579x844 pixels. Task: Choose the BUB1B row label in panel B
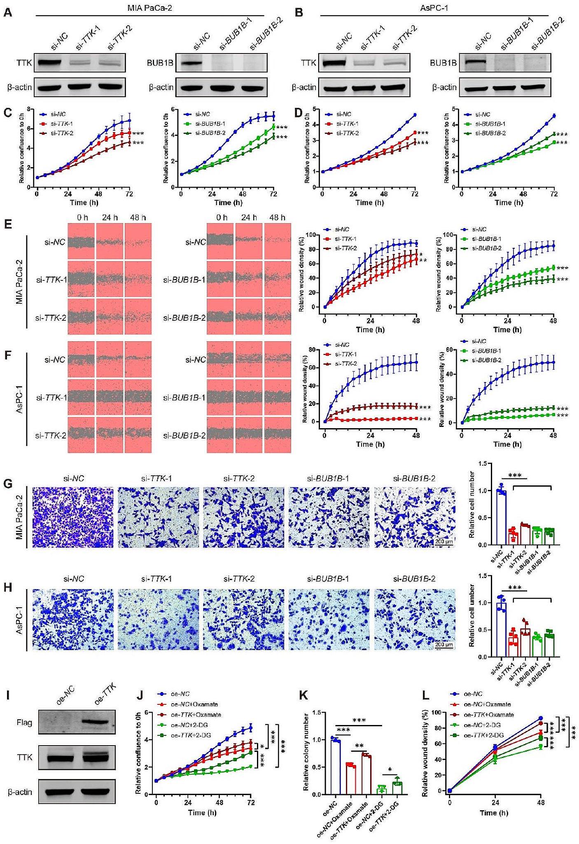[x=443, y=63]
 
